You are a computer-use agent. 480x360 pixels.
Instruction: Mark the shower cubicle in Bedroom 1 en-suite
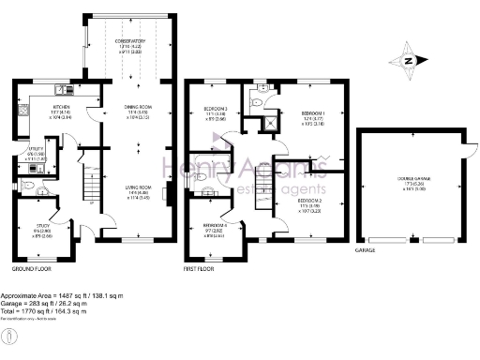pos(271,120)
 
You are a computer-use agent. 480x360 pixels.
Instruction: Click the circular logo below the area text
pos(8,335)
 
